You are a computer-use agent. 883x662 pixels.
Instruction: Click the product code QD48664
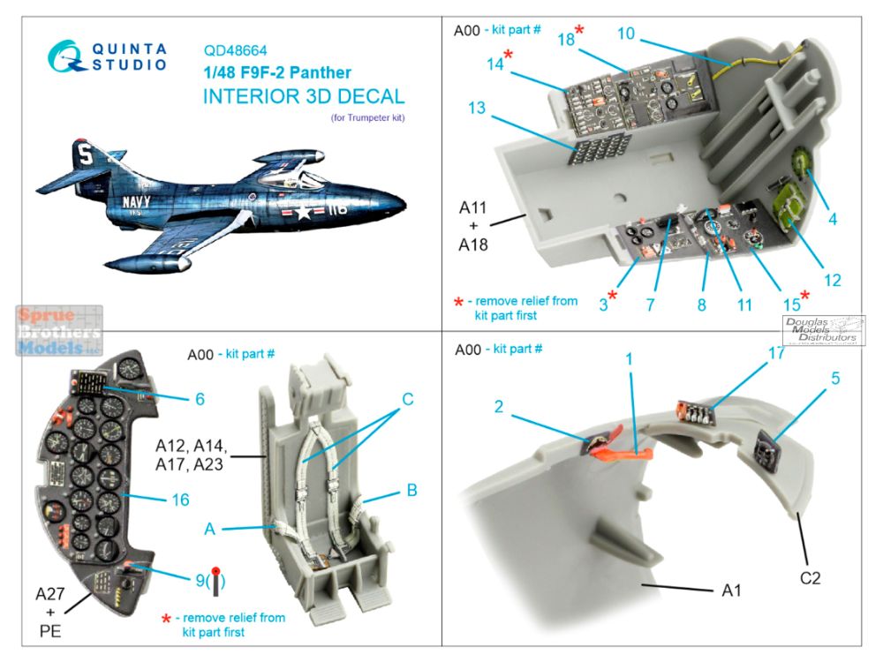coord(235,50)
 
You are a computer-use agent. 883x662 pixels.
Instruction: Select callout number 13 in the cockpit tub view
coord(477,108)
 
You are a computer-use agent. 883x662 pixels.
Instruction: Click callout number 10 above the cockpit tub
coord(626,34)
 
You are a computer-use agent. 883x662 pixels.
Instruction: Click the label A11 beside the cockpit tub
coord(472,208)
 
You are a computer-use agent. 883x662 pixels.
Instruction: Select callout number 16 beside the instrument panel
coord(181,500)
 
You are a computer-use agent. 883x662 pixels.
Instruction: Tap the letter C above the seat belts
coord(407,398)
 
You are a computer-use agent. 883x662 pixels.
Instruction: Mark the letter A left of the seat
coord(209,529)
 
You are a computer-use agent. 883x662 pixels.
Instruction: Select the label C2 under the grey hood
coord(811,579)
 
